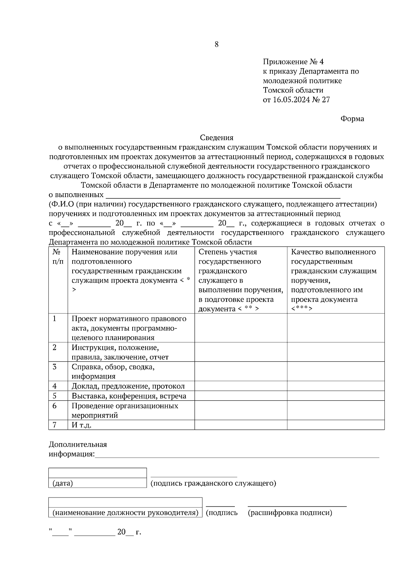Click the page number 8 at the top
(216, 44)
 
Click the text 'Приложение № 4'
(293, 62)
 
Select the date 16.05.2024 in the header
(291, 100)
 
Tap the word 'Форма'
(352, 119)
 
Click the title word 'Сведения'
(216, 138)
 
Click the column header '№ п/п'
(58, 257)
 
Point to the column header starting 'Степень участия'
(241, 280)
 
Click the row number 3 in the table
(55, 367)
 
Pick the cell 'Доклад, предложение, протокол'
(128, 386)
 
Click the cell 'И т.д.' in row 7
(81, 425)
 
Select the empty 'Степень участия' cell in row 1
(241, 328)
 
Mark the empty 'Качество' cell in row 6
(335, 410)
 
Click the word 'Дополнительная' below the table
(78, 444)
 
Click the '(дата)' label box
(97, 483)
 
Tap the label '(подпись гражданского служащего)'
(213, 483)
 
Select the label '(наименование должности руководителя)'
(125, 513)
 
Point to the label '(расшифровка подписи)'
(290, 513)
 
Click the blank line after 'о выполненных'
(223, 196)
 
